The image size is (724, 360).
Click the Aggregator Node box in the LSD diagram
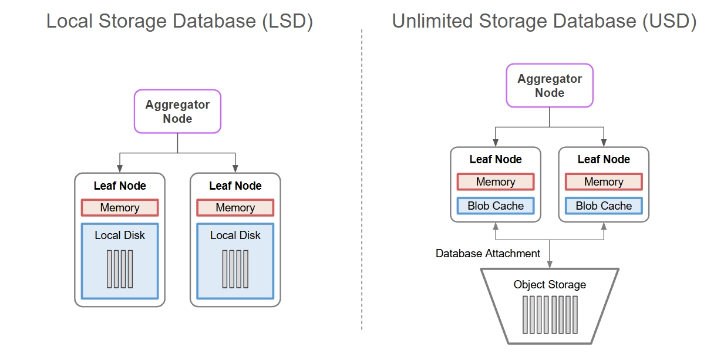tap(177, 112)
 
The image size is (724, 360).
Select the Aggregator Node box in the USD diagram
tap(550, 86)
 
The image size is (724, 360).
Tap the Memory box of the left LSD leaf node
tap(120, 208)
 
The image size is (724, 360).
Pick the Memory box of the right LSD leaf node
tap(235, 208)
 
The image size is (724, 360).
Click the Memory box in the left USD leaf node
tap(496, 182)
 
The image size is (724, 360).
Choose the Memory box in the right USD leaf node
tap(604, 182)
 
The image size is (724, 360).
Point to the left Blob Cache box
tap(496, 206)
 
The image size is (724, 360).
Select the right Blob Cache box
tap(604, 206)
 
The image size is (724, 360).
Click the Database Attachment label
tap(488, 254)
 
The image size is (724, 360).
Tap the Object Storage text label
tap(550, 285)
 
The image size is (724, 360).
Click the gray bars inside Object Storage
tap(550, 314)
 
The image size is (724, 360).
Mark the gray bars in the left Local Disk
tap(120, 269)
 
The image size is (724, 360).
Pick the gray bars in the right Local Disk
tap(235, 269)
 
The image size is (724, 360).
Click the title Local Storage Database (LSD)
tap(180, 22)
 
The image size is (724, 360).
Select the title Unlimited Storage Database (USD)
tap(544, 22)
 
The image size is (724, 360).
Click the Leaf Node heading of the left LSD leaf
tap(120, 186)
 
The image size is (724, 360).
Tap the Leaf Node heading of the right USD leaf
tap(604, 160)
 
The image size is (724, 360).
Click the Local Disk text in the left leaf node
tap(120, 235)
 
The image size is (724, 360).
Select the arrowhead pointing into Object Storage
tap(550, 265)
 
